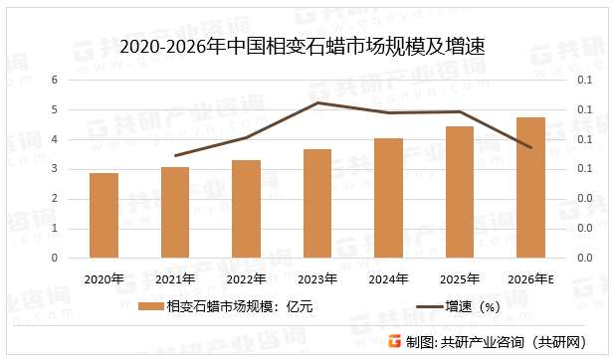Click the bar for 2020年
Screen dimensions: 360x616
tap(103, 215)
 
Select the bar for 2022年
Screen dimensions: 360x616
tap(246, 209)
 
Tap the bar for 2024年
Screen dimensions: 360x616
tap(388, 198)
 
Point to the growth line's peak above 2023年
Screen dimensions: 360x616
tap(317, 102)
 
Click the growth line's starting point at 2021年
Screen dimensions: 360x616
tap(175, 155)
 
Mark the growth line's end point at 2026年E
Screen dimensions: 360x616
tap(530, 147)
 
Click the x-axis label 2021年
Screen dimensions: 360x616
tap(175, 278)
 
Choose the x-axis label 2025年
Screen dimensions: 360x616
tap(460, 278)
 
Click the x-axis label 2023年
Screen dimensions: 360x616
tap(317, 278)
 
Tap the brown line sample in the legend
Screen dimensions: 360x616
tap(422, 307)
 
